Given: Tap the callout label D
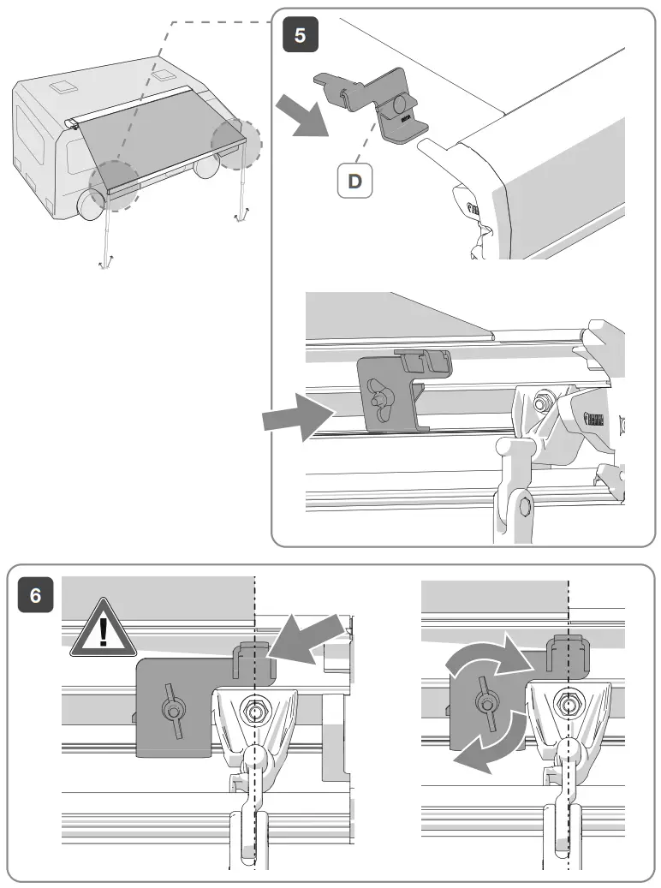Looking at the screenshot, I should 354,181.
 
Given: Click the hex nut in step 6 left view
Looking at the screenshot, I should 254,709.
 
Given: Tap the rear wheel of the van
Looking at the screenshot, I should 205,167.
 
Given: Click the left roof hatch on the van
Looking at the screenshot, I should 63,88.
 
